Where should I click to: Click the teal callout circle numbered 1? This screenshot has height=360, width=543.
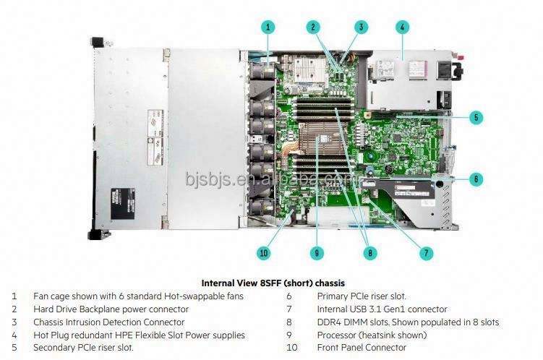(x=268, y=27)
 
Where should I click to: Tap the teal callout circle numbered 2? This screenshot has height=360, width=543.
(x=313, y=27)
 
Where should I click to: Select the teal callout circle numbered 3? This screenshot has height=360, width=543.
(x=360, y=27)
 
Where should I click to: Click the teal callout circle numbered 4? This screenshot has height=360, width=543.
(x=403, y=27)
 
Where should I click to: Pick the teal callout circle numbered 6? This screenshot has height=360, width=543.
(x=476, y=179)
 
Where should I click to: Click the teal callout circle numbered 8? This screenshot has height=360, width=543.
(x=371, y=253)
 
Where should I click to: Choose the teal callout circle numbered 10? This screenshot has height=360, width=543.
(x=264, y=253)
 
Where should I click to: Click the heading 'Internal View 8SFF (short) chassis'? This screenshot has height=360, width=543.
(x=272, y=283)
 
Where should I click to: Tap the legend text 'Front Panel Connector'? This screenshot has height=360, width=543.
(x=362, y=348)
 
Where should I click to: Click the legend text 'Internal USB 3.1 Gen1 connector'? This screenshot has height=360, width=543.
(x=382, y=309)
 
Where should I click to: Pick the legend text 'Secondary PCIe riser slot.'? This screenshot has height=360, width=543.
(x=83, y=348)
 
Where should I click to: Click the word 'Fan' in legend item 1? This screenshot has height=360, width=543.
(x=40, y=296)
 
